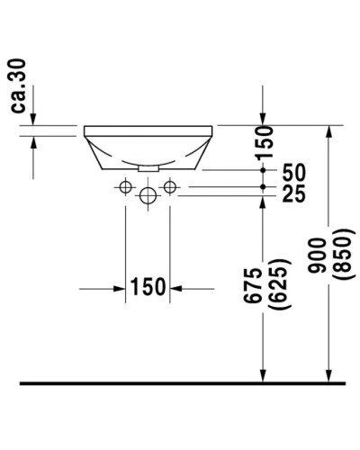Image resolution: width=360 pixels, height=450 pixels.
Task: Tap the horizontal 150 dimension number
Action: point(148,287)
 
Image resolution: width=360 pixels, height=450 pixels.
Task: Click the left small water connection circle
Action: point(125,186)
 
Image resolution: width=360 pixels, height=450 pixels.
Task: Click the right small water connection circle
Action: point(167,186)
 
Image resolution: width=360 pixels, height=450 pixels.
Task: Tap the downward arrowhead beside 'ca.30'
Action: point(33,120)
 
